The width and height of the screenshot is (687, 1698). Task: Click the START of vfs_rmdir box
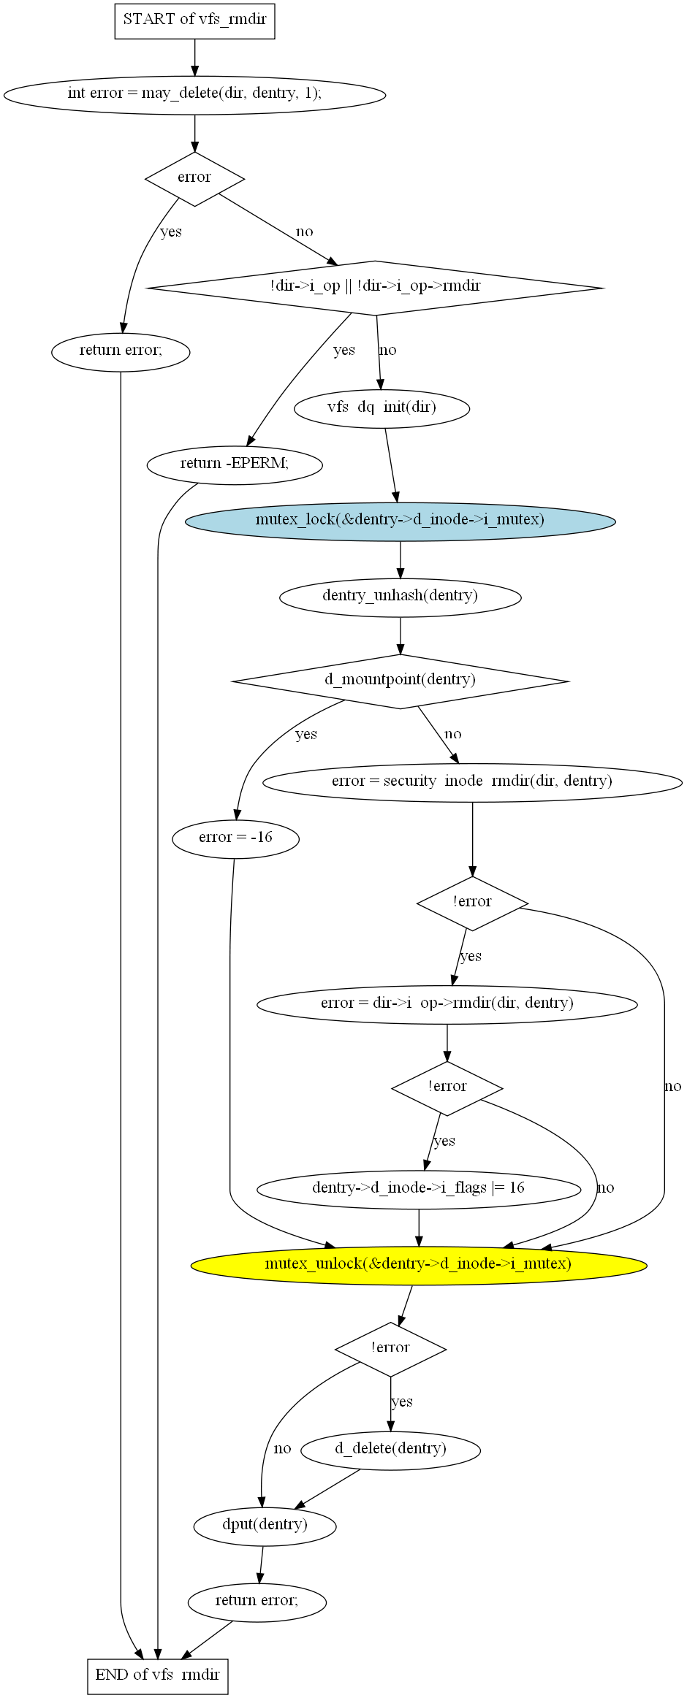point(195,20)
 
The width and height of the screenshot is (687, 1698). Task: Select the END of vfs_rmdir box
point(158,1675)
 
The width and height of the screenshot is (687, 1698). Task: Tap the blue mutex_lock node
point(401,521)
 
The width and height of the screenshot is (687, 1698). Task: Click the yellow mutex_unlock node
point(419,1264)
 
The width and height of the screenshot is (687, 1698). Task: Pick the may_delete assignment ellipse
point(195,94)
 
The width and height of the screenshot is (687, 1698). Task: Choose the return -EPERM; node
point(235,464)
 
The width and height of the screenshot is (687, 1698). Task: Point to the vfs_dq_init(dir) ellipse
point(382,408)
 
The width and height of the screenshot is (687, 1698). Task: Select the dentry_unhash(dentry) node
point(401,597)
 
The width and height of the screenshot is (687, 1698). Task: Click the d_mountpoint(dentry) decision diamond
point(401,681)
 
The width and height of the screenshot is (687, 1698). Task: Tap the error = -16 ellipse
point(235,838)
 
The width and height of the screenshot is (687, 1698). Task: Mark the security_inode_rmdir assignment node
point(472,782)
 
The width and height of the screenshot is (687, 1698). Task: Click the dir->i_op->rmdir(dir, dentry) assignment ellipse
point(447,1004)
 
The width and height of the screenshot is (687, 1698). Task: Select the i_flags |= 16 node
point(419,1189)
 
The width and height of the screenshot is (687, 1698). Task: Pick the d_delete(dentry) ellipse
point(391,1450)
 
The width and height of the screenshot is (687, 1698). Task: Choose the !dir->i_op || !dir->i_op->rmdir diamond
point(376,288)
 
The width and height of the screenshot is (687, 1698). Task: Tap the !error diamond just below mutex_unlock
point(391,1349)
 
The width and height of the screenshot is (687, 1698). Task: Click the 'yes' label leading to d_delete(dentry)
point(402,1401)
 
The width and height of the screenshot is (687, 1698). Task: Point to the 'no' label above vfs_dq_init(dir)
point(387,350)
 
